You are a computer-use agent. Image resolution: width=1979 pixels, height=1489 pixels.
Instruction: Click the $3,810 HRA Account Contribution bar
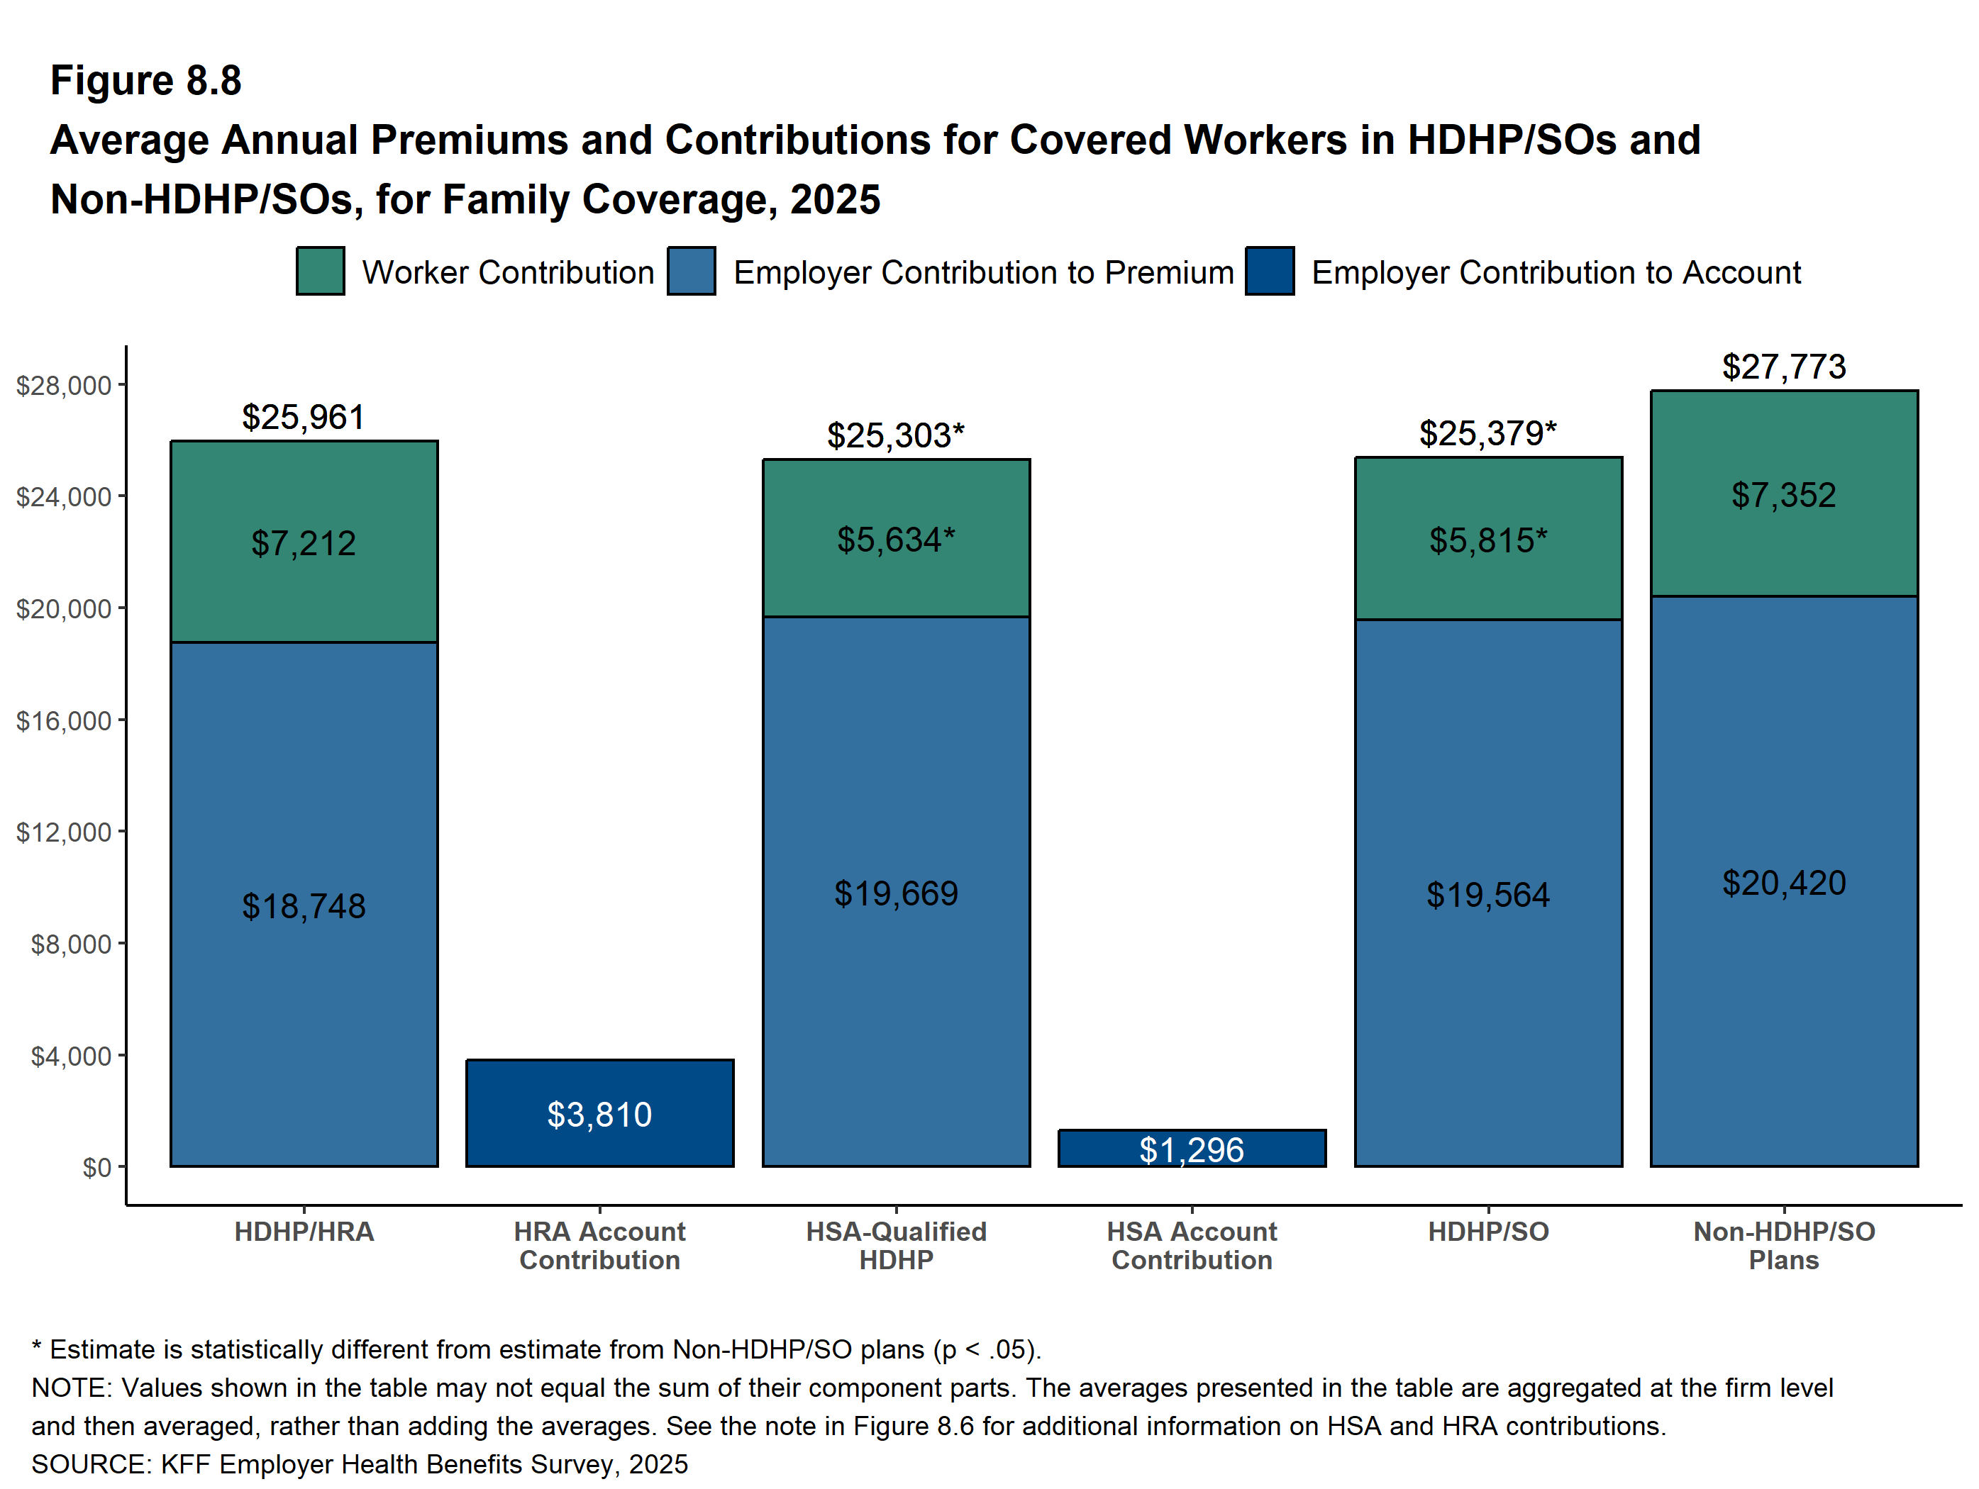599,1112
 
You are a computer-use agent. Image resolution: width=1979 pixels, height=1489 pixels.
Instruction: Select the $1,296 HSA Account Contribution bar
1191,1148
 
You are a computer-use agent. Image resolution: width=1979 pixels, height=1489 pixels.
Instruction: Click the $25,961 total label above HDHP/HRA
304,417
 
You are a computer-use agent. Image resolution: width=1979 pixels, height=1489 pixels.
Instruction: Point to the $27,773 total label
1783,367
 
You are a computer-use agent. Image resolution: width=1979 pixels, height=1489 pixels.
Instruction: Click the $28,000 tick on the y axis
64,386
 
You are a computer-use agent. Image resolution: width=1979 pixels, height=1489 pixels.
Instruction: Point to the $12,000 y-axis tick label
64,832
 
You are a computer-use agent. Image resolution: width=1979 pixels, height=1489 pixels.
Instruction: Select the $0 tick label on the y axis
96,1167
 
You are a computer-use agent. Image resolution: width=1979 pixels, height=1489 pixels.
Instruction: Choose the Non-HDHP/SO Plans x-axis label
1783,1245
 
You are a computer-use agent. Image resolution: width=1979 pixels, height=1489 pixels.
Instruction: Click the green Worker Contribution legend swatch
321,271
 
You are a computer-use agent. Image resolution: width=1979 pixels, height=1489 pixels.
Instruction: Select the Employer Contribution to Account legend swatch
1269,271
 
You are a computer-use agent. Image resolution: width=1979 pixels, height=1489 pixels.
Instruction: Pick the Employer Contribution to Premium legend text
982,272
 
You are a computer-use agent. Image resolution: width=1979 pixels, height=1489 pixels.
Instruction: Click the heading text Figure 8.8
146,81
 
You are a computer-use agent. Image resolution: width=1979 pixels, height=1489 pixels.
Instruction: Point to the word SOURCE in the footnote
89,1464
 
